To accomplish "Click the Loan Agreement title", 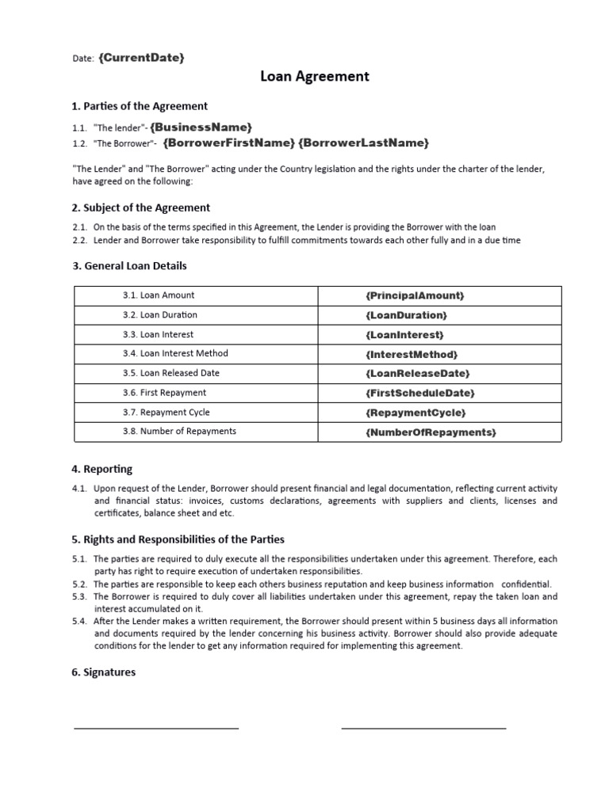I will pos(315,77).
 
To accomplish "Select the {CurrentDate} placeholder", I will pos(142,57).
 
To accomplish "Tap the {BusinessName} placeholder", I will pos(201,127).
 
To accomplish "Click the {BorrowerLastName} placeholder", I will pos(364,143).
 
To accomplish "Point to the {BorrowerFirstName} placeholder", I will pos(228,143).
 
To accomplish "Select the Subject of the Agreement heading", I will pos(141,208).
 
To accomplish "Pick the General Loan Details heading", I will pos(130,265).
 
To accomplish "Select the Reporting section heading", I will pos(102,469).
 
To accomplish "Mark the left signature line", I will pos(156,728).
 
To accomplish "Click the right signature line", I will pos(423,728).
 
